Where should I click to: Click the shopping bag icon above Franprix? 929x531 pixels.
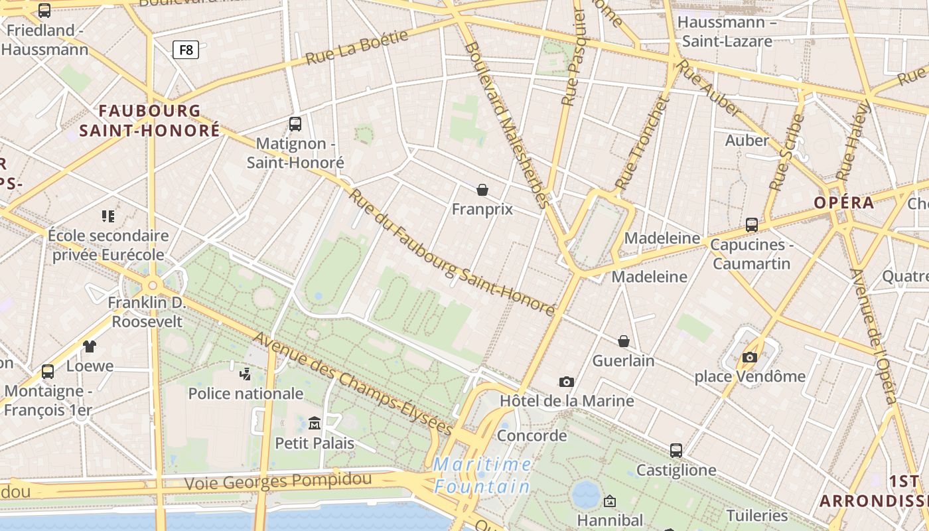click(482, 190)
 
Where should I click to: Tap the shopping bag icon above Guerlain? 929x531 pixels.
click(624, 341)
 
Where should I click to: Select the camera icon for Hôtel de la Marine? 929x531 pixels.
click(566, 382)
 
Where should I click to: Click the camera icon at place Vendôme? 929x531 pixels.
click(750, 358)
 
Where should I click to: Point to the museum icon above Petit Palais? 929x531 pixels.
click(315, 423)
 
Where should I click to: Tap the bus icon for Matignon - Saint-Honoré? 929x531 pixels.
click(295, 123)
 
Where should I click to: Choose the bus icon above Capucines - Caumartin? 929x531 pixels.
click(752, 225)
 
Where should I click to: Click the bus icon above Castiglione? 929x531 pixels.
click(676, 451)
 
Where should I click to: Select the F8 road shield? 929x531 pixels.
click(186, 49)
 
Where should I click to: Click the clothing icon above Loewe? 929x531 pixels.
click(90, 346)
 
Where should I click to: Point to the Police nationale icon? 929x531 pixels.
click(246, 374)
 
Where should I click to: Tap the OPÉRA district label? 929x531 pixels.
click(843, 202)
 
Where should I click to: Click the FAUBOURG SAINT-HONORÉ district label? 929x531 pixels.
click(149, 120)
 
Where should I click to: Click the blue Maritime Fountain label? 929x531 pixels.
click(482, 475)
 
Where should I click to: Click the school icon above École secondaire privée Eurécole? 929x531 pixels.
click(108, 216)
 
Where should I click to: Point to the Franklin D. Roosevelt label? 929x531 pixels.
click(147, 313)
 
